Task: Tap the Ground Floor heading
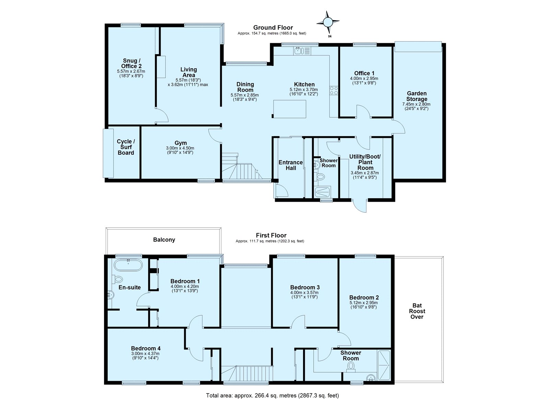273,27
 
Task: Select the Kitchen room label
304,84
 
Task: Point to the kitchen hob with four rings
334,91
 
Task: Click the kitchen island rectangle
289,109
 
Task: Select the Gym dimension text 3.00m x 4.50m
180,148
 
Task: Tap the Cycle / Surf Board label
126,147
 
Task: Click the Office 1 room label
364,73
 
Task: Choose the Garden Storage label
417,96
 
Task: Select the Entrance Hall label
290,165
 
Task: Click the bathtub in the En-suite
128,265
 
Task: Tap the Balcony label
164,240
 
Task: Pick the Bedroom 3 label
305,287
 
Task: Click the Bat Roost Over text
417,311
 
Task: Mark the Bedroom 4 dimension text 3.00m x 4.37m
145,354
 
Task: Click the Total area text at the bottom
272,395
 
